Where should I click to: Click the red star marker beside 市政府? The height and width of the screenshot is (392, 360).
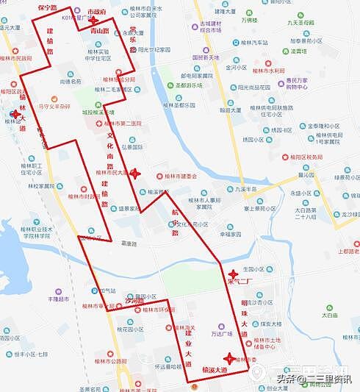pyautogui.click(x=92, y=21)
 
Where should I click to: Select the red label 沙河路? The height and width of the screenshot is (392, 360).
pyautogui.click(x=134, y=302)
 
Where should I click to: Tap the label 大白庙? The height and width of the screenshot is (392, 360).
pyautogui.click(x=329, y=315)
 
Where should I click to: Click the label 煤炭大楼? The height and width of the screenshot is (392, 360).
pyautogui.click(x=269, y=323)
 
